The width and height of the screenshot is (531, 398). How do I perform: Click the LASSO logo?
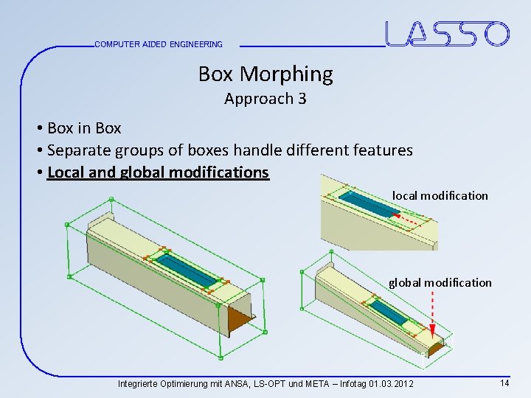(447, 34)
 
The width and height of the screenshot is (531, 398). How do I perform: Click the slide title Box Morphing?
(265, 74)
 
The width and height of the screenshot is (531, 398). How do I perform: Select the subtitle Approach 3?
(265, 99)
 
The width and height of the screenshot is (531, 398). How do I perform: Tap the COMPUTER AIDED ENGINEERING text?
(159, 44)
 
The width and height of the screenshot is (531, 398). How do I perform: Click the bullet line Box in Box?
(83, 128)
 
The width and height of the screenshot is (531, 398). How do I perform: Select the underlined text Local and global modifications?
(158, 172)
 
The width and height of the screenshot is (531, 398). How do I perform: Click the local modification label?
(440, 195)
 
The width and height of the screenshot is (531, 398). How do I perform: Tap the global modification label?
(440, 282)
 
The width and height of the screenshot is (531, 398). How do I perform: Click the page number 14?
(504, 383)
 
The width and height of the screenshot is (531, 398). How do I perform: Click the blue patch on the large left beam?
(186, 269)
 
